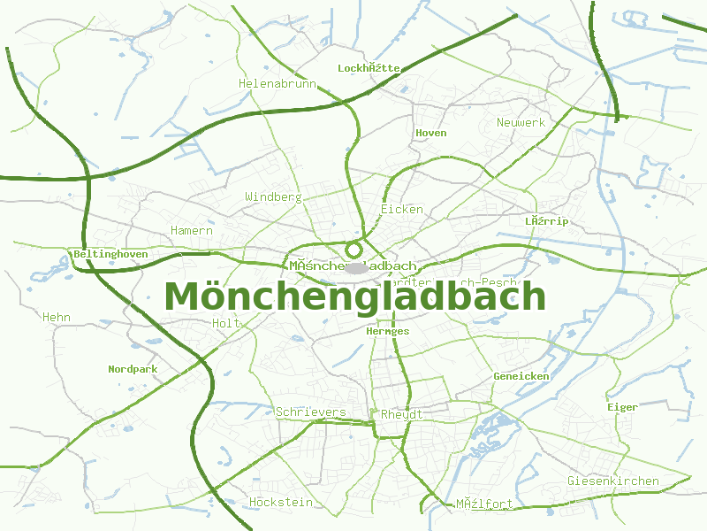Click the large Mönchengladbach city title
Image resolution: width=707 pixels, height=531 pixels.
pos(355,296)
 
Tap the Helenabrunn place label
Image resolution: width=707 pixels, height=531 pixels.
pos(277,83)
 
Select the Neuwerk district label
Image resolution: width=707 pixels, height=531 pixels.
pos(521,122)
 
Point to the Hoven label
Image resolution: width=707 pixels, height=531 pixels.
pos(430,133)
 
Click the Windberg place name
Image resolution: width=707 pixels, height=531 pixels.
pos(273,196)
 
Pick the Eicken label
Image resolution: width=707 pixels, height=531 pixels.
pos(401,209)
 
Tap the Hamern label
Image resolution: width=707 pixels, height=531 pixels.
pos(192,230)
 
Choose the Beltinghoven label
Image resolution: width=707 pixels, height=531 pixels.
pos(110,254)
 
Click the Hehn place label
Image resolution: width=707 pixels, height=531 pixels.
pos(56,316)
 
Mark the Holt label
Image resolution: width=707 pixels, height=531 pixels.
pos(226,323)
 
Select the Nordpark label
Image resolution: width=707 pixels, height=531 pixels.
pos(132,369)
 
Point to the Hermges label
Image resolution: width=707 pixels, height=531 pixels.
pos(387,331)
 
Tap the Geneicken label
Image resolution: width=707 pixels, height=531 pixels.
pos(521,376)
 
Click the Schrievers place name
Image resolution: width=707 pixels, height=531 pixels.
pos(310,412)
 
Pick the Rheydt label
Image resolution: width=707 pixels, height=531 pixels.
pos(401,414)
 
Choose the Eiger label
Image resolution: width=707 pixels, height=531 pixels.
pos(622,407)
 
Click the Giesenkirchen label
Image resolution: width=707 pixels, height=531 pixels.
pos(612,481)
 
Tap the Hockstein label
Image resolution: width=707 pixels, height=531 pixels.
pos(280,502)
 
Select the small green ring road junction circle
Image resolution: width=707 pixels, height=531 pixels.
pos(353,250)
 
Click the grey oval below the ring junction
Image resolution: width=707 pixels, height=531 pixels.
pos(356,266)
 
